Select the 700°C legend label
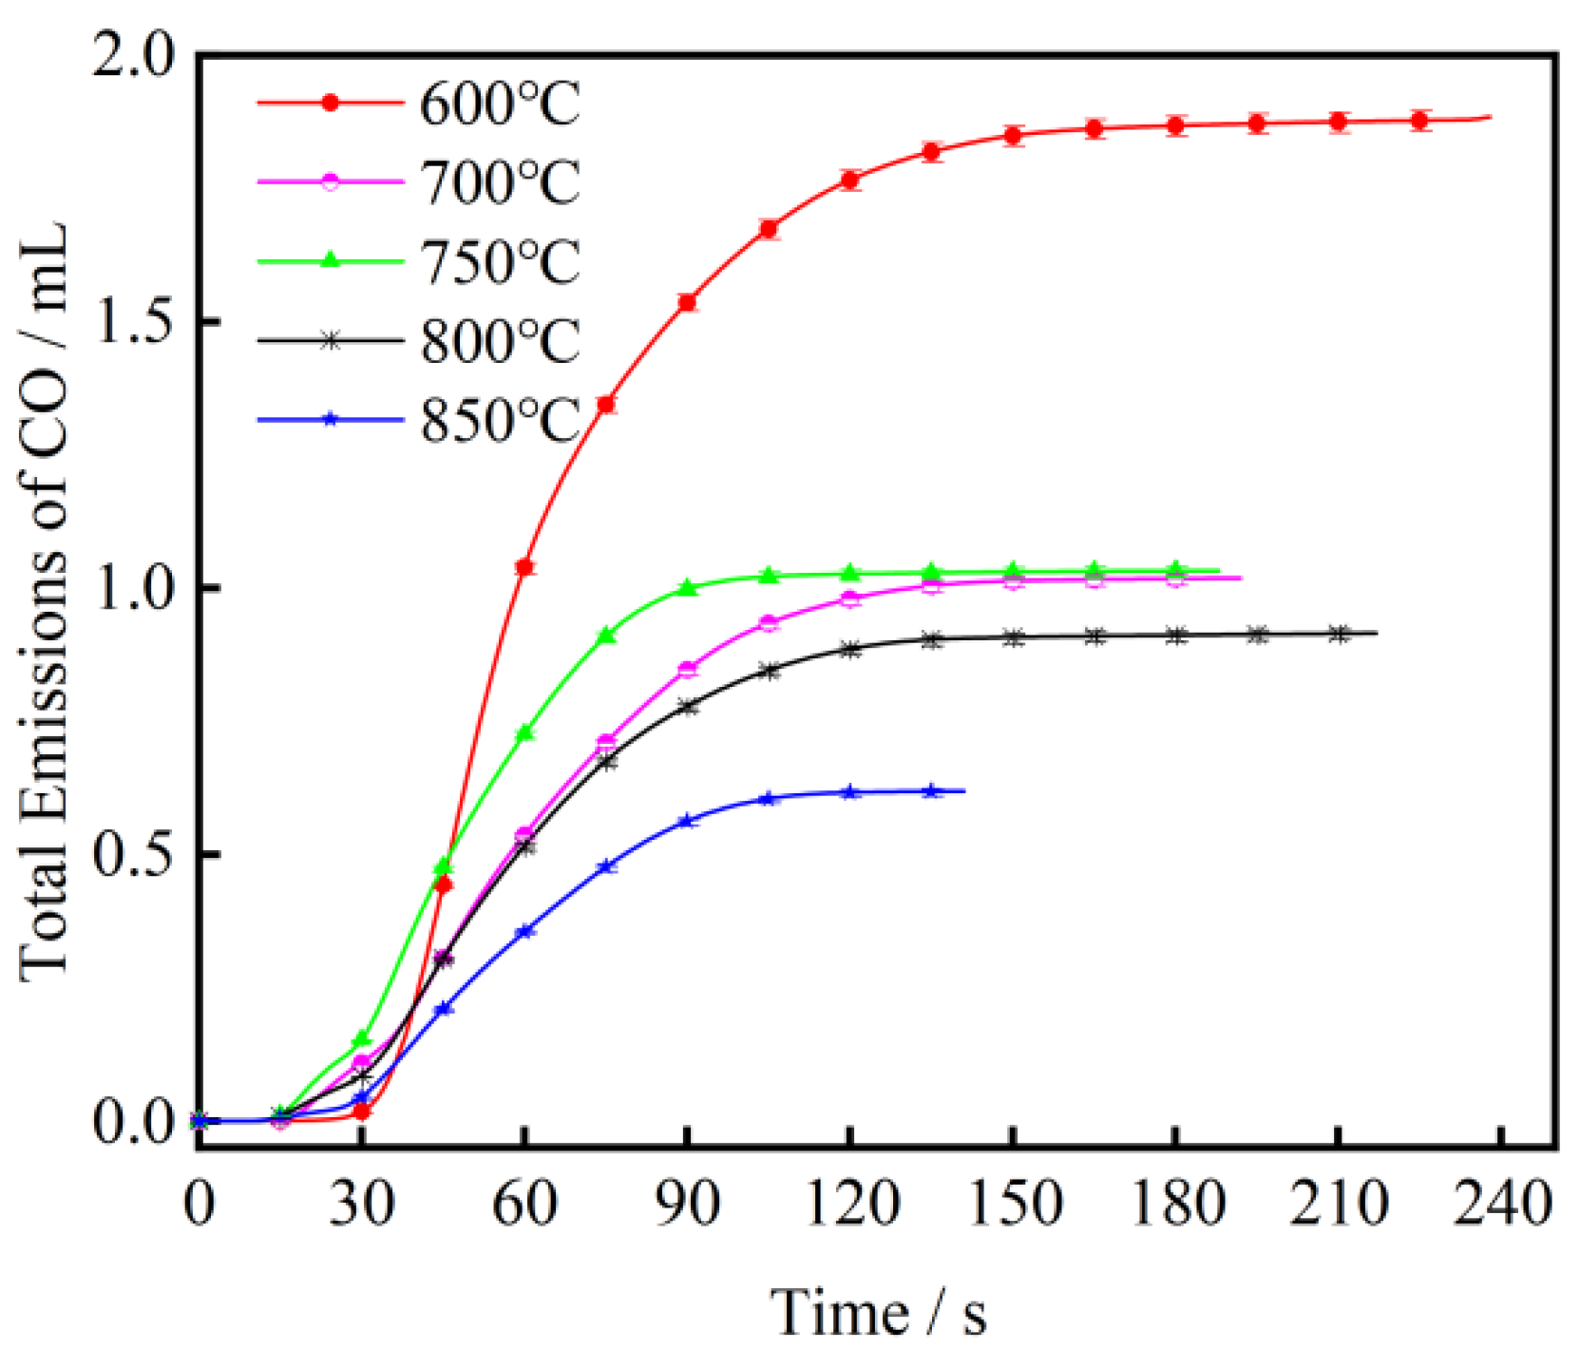(x=499, y=182)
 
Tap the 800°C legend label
(x=499, y=340)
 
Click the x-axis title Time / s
(x=878, y=1314)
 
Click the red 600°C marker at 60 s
(x=524, y=567)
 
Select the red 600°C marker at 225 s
(x=1420, y=121)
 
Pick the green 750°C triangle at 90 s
(x=687, y=588)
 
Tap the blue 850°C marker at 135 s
(x=932, y=790)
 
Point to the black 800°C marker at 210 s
(x=1339, y=634)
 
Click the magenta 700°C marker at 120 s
(x=850, y=598)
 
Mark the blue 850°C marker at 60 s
(x=524, y=932)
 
